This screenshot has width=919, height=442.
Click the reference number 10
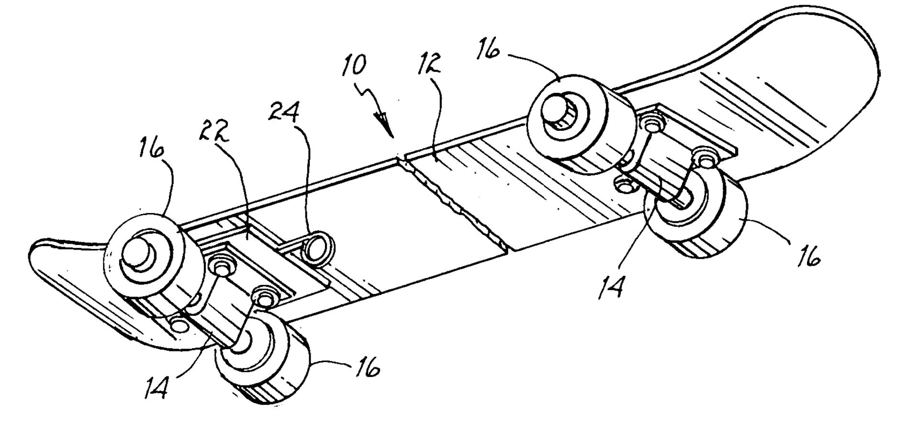[354, 66]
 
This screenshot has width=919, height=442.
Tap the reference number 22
[214, 129]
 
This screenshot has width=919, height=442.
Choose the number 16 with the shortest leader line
[368, 367]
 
